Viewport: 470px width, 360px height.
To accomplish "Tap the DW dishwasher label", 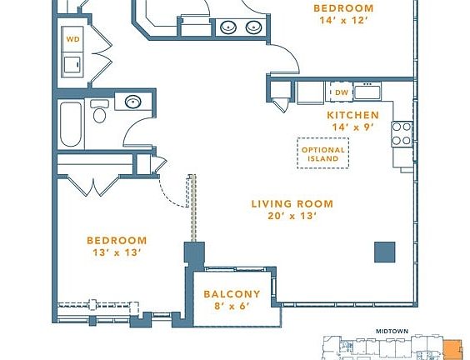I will pyautogui.click(x=341, y=92).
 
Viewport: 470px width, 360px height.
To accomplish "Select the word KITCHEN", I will pyautogui.click(x=352, y=115).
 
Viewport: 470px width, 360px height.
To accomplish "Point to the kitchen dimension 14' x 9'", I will pyautogui.click(x=352, y=127).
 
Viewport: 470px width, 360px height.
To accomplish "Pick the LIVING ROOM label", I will pyautogui.click(x=292, y=203).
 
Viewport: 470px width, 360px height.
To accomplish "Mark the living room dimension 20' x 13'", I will pyautogui.click(x=292, y=216).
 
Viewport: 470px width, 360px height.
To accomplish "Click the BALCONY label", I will pyautogui.click(x=232, y=294).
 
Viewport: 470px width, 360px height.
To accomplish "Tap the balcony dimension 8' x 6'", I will pyautogui.click(x=232, y=307).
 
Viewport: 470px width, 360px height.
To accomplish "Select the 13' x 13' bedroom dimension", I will pyautogui.click(x=117, y=253).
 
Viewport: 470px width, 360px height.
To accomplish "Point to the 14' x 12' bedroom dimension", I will pyautogui.click(x=342, y=22).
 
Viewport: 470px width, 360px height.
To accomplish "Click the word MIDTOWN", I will pyautogui.click(x=391, y=331).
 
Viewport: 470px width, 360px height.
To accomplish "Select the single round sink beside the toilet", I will pyautogui.click(x=132, y=102).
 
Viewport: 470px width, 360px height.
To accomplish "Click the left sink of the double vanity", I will pyautogui.click(x=228, y=27).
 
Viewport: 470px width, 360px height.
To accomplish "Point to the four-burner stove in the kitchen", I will pyautogui.click(x=402, y=134).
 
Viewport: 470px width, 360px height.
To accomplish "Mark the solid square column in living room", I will pyautogui.click(x=384, y=251).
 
